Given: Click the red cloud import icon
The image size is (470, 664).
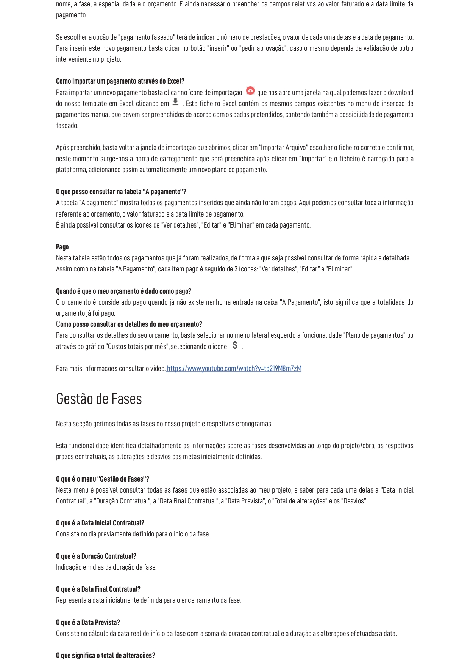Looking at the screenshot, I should point(250,91).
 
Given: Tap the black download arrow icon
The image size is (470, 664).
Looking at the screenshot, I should point(175,102).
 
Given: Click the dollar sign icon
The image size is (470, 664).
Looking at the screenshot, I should point(235,345).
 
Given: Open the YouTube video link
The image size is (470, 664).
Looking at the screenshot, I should point(234,368).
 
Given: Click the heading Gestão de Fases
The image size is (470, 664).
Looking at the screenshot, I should point(99,399).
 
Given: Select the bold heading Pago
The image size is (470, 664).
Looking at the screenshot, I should point(62,247).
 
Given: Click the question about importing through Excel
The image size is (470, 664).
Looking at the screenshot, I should point(120,81).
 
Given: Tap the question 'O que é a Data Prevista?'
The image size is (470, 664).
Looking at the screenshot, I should point(88,622).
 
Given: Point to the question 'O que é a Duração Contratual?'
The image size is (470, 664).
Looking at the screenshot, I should point(96,556).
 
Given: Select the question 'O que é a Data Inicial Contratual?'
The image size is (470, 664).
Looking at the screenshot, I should point(100,523).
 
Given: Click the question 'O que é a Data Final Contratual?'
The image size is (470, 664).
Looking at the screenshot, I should point(98,589).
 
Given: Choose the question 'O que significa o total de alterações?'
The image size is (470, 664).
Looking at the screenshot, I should point(105,655).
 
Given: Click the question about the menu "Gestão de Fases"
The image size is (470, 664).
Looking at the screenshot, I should point(102,479).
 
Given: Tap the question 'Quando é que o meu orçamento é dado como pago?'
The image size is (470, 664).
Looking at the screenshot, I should point(123,291).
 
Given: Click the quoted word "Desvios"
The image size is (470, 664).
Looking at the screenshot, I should point(354,501).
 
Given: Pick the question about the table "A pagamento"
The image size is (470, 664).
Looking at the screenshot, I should point(121,192).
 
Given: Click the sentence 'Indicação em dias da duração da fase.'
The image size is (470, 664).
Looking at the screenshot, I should point(106,567).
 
